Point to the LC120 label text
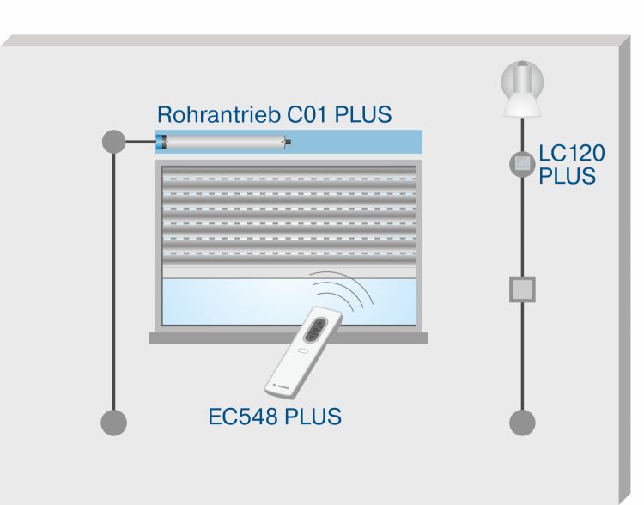[x=572, y=155]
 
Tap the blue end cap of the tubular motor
[x=161, y=142]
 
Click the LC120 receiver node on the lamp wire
[x=522, y=164]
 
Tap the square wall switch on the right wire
[x=522, y=289]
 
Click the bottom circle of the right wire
[x=522, y=422]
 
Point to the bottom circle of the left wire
[x=113, y=422]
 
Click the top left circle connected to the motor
[x=113, y=142]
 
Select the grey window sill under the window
[x=288, y=338]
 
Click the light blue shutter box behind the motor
[x=361, y=142]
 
